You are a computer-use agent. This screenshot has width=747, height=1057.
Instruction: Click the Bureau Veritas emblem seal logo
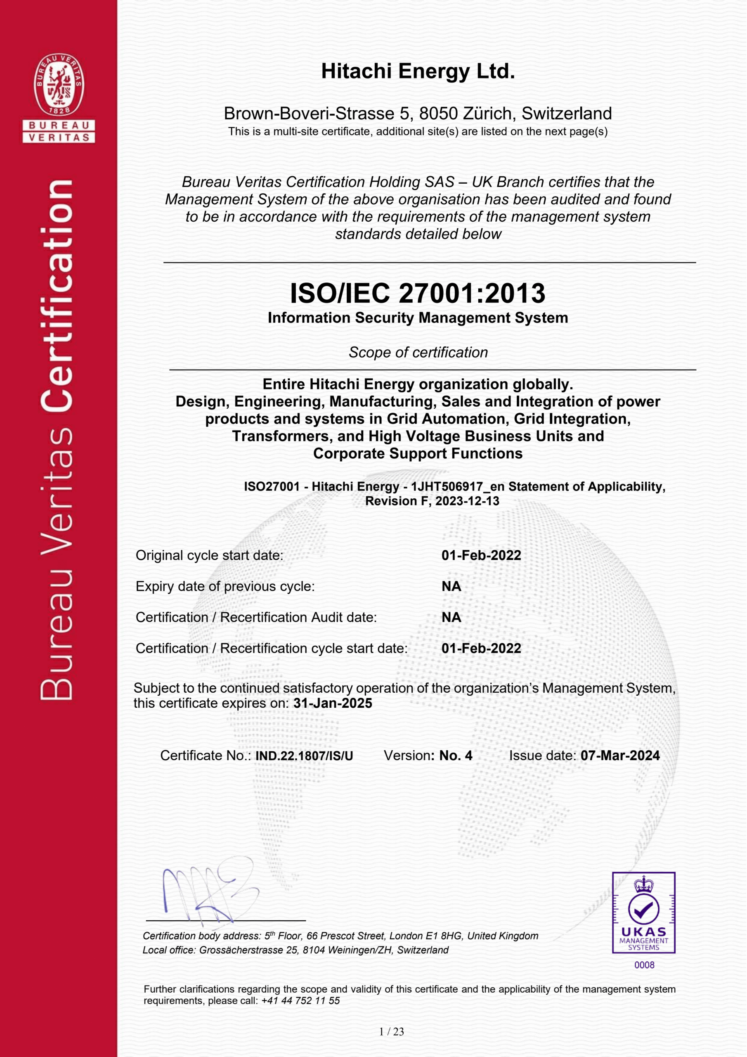pyautogui.click(x=59, y=85)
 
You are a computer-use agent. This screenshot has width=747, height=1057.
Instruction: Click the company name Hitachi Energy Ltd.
pyautogui.click(x=418, y=71)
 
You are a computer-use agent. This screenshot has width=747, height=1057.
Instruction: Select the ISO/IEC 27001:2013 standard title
pyautogui.click(x=418, y=293)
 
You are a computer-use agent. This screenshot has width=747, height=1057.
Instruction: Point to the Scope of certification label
pyautogui.click(x=418, y=352)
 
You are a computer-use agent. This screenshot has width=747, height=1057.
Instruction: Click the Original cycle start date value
pyautogui.click(x=481, y=555)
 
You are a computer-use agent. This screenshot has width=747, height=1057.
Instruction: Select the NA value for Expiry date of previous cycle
pyautogui.click(x=451, y=586)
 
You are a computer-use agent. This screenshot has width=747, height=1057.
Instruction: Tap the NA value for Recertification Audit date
pyautogui.click(x=451, y=617)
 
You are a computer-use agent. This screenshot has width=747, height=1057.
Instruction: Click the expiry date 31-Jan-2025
pyautogui.click(x=333, y=703)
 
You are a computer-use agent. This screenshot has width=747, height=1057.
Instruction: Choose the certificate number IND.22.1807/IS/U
pyautogui.click(x=304, y=756)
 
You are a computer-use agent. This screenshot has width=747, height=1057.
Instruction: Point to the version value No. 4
pyautogui.click(x=456, y=756)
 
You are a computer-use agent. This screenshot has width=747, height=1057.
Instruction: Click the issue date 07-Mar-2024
pyautogui.click(x=620, y=756)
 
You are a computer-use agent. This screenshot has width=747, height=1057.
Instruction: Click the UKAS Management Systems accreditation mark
pyautogui.click(x=643, y=912)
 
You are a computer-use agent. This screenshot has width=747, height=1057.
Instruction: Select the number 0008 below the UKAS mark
pyautogui.click(x=644, y=965)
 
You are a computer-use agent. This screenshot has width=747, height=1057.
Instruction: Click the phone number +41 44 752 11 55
pyautogui.click(x=300, y=1000)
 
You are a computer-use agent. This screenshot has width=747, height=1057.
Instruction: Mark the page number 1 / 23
pyautogui.click(x=391, y=1032)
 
